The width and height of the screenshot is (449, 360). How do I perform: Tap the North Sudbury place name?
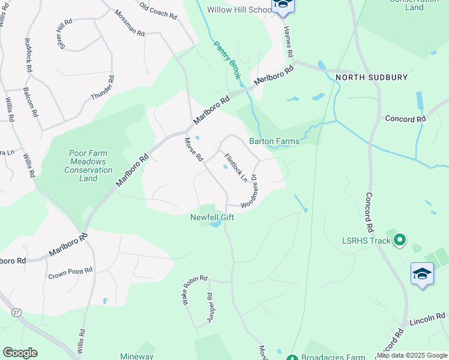(372, 77)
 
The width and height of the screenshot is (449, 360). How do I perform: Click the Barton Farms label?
(274, 142)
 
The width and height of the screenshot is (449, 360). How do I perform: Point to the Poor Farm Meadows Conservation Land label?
(88, 166)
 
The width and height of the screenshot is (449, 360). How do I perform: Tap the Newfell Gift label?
(212, 217)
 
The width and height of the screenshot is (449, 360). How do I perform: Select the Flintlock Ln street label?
(235, 167)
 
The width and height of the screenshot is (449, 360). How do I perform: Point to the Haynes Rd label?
(288, 41)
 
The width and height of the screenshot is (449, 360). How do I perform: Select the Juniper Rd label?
(210, 308)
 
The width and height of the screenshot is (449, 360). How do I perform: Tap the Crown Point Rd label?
(70, 273)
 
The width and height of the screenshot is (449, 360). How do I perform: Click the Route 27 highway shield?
(16, 312)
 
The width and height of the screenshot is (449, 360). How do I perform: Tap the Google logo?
(20, 353)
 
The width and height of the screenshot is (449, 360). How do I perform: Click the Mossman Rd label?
(130, 23)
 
